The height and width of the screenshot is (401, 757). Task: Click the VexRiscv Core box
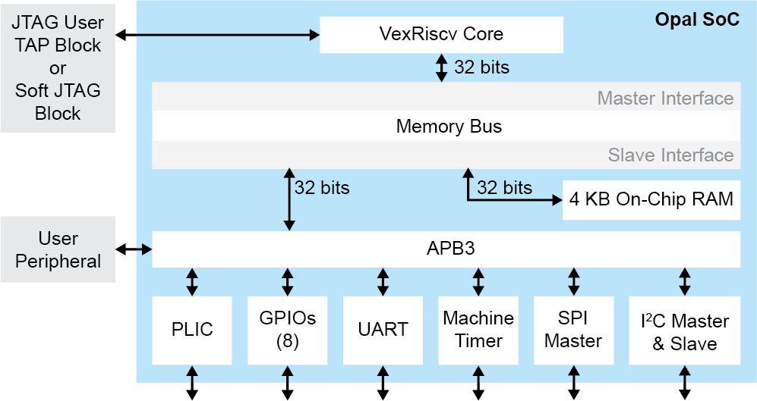tap(440, 35)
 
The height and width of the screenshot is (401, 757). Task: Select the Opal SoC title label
tap(696, 20)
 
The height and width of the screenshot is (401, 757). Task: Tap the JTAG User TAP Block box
tap(58, 67)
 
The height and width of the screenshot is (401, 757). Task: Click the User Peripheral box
tap(58, 249)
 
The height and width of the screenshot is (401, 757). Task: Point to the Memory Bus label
tap(449, 126)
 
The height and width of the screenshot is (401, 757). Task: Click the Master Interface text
tap(665, 98)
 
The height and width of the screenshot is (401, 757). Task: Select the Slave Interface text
tap(670, 155)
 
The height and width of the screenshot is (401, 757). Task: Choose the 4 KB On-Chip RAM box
tap(651, 199)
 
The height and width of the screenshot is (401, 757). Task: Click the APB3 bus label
tap(450, 249)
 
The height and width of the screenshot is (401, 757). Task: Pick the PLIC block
tap(191, 329)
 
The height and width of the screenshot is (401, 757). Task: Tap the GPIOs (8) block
tap(287, 329)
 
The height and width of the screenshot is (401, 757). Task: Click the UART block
tap(383, 329)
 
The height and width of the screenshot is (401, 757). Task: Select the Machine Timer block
tap(478, 329)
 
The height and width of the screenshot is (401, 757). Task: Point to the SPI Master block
tap(573, 329)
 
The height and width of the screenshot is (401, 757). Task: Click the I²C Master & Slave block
tap(685, 332)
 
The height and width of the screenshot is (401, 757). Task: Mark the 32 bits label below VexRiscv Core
tap(481, 67)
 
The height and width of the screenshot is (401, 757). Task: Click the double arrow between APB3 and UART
tap(383, 281)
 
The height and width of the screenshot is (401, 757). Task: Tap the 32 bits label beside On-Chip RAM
tap(504, 187)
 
